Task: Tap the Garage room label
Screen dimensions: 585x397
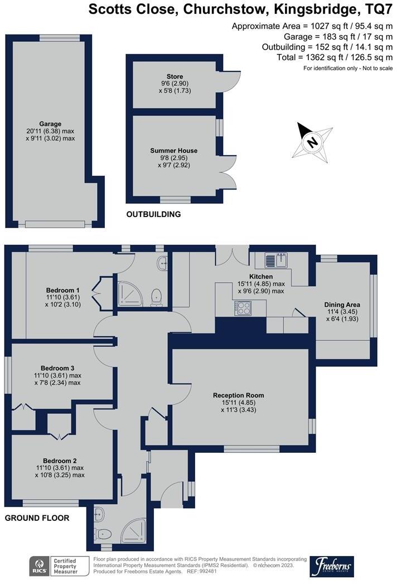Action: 50,124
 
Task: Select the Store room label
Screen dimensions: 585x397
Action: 175,76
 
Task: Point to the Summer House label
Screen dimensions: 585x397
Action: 174,151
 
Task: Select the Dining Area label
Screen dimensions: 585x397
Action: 342,304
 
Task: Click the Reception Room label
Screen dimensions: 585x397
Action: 238,395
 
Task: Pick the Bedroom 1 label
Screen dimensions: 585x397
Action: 62,290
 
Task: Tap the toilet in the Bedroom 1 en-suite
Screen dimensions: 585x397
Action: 157,294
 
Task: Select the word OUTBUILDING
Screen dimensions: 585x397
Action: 153,214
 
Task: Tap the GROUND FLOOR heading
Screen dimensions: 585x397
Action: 37,518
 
